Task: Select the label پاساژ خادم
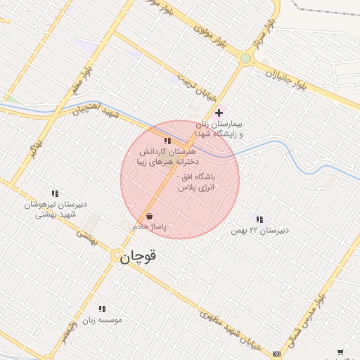click(149, 227)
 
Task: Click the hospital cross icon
click(219, 112)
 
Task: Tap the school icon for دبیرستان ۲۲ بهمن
click(260, 219)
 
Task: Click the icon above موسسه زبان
click(103, 309)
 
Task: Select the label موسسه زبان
click(103, 320)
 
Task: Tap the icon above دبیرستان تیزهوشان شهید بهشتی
click(55, 193)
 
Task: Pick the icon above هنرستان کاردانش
click(167, 141)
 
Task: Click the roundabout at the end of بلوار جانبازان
click(245, 59)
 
